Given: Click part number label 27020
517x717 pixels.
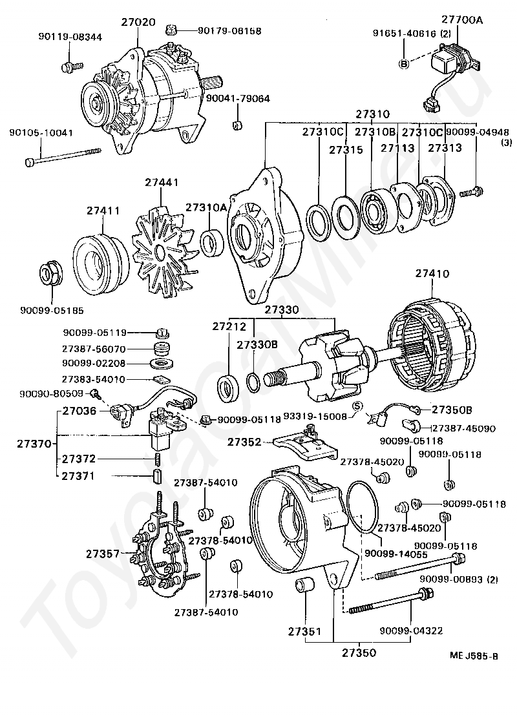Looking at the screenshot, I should [x=138, y=22].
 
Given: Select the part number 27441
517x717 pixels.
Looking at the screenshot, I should [x=162, y=183].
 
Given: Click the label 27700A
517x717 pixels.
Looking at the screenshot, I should [x=462, y=20].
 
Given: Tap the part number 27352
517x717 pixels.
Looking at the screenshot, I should [x=244, y=442].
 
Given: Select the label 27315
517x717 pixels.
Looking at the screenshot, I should [x=346, y=149].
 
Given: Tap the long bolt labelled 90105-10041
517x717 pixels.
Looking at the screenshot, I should [x=65, y=156].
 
